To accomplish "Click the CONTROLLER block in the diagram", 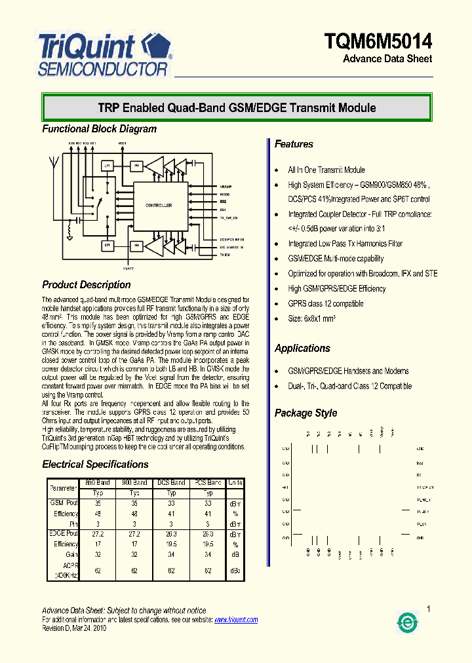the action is click(159, 205).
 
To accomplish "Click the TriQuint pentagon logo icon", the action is click(158, 48).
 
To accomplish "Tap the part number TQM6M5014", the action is click(378, 41).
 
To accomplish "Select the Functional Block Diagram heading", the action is click(100, 129).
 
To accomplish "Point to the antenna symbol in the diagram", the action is click(56, 160).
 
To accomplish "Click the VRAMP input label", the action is click(226, 187).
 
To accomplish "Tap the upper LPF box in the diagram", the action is click(108, 166).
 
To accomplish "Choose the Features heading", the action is click(294, 144).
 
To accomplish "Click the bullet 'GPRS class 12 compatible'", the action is click(326, 304).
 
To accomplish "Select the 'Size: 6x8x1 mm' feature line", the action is click(312, 319).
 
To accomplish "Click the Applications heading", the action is click(302, 349).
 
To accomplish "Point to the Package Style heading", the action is click(305, 413).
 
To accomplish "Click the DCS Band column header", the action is click(171, 483).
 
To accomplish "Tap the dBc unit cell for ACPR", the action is click(235, 571).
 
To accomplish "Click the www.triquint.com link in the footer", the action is click(236, 620).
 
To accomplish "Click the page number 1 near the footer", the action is click(428, 610).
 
